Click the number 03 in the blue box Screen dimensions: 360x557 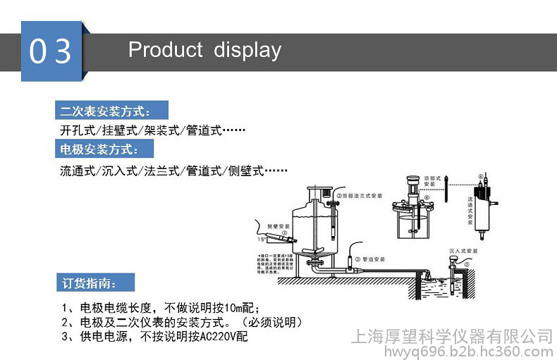(51, 51)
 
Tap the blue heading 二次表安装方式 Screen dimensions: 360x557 (106, 111)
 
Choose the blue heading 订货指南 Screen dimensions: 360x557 (87, 284)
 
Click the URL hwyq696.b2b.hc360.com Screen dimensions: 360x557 (451, 351)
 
